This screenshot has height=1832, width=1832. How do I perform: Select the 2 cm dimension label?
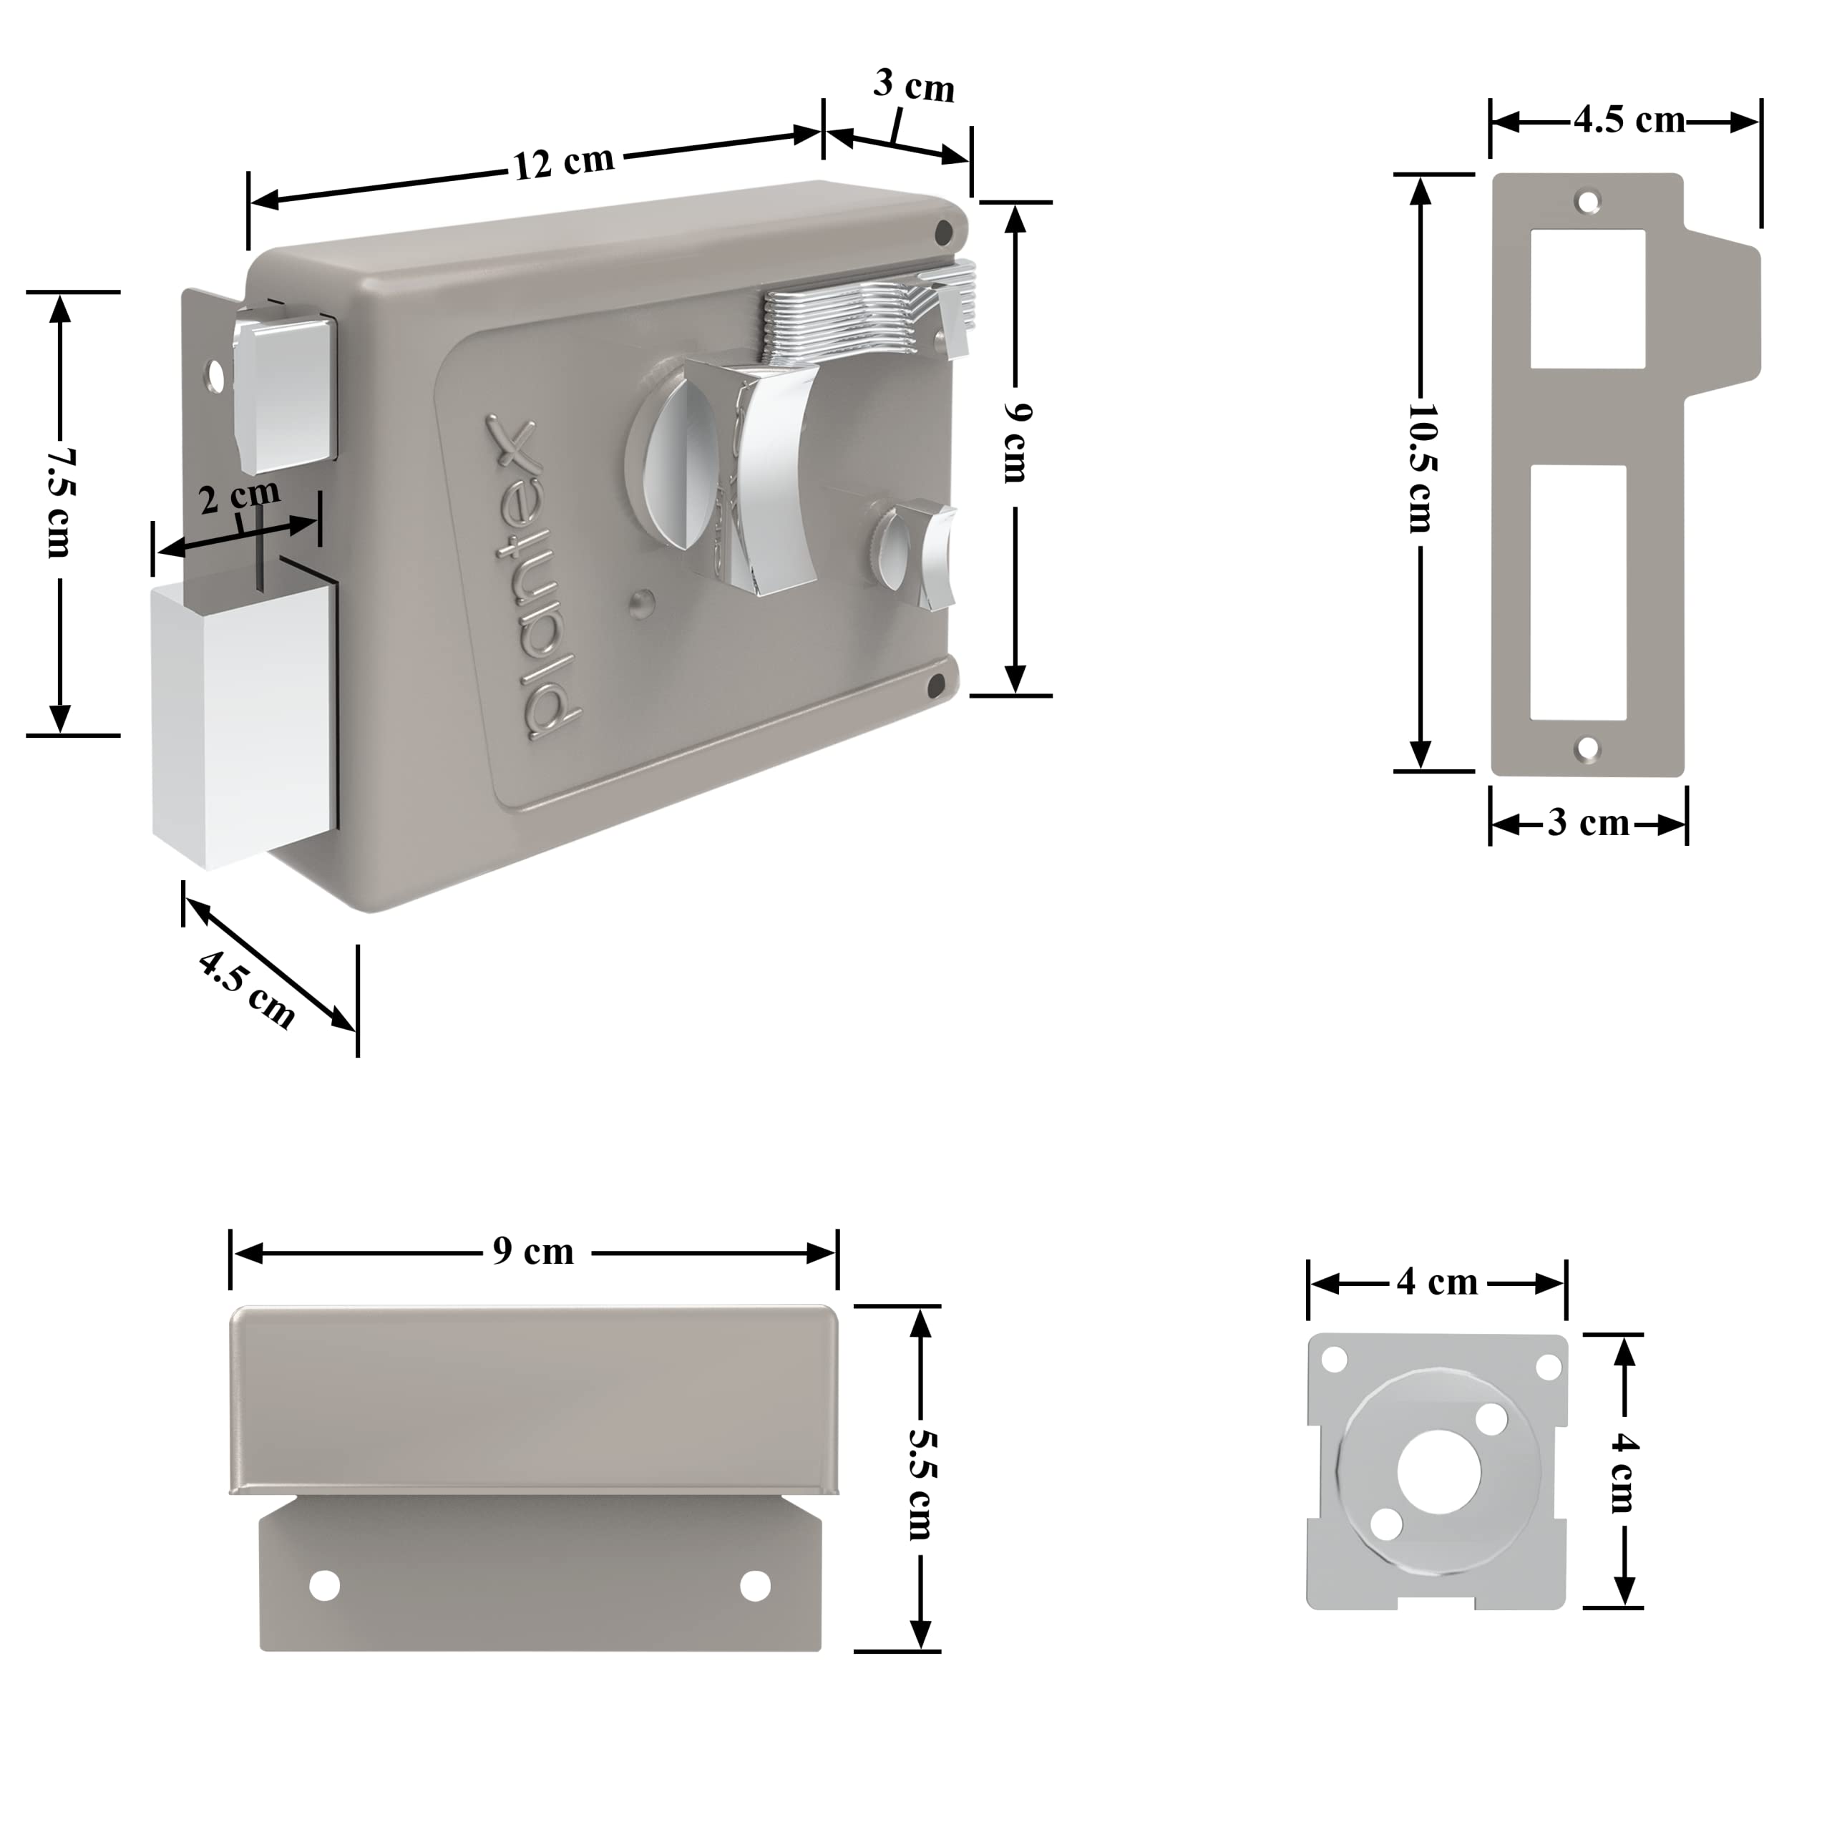click(240, 495)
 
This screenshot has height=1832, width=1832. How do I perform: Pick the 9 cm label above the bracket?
click(533, 1252)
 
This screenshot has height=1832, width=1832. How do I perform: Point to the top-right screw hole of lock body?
click(942, 230)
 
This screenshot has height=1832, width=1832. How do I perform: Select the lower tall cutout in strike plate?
click(1579, 592)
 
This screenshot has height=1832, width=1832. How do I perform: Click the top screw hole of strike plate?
click(1587, 201)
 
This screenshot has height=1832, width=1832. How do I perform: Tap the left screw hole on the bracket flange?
click(324, 1585)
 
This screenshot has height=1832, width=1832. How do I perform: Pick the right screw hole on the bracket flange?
click(755, 1584)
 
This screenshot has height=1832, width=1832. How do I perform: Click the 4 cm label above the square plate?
click(1436, 1283)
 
